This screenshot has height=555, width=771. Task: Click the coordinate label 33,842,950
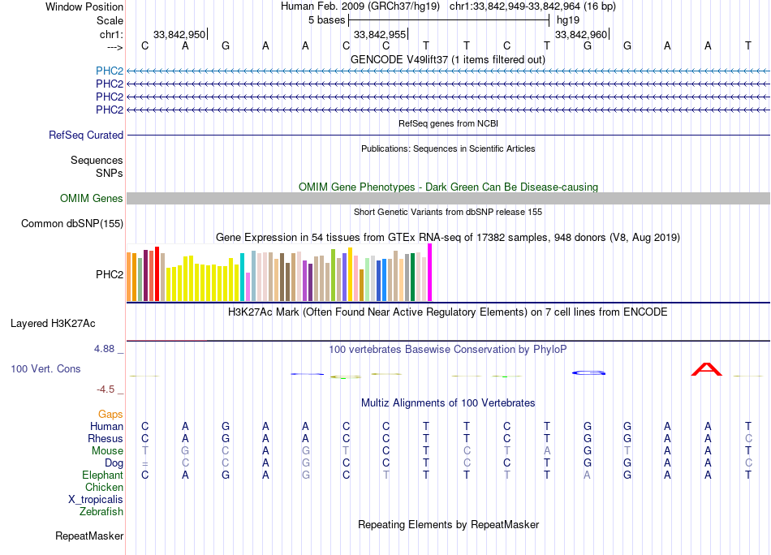click(x=179, y=34)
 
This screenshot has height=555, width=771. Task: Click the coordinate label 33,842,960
click(x=580, y=34)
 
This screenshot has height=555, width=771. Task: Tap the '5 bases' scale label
click(x=326, y=19)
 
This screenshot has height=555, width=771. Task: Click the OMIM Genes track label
click(x=92, y=199)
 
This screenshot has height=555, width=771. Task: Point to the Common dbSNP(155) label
click(x=72, y=224)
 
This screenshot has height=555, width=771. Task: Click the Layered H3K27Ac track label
click(x=53, y=324)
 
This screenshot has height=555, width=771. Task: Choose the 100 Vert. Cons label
click(x=45, y=369)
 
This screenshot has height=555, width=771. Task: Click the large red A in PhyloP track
click(x=706, y=370)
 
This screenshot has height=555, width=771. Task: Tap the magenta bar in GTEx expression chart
click(x=430, y=273)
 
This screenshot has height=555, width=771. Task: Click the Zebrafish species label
click(x=101, y=512)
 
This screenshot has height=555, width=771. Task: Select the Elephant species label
click(x=102, y=475)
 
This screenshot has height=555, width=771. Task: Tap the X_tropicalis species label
click(x=96, y=500)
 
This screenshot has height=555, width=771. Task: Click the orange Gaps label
click(x=110, y=415)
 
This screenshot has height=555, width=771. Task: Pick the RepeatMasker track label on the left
click(x=89, y=536)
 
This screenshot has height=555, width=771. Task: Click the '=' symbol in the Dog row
click(x=144, y=463)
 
